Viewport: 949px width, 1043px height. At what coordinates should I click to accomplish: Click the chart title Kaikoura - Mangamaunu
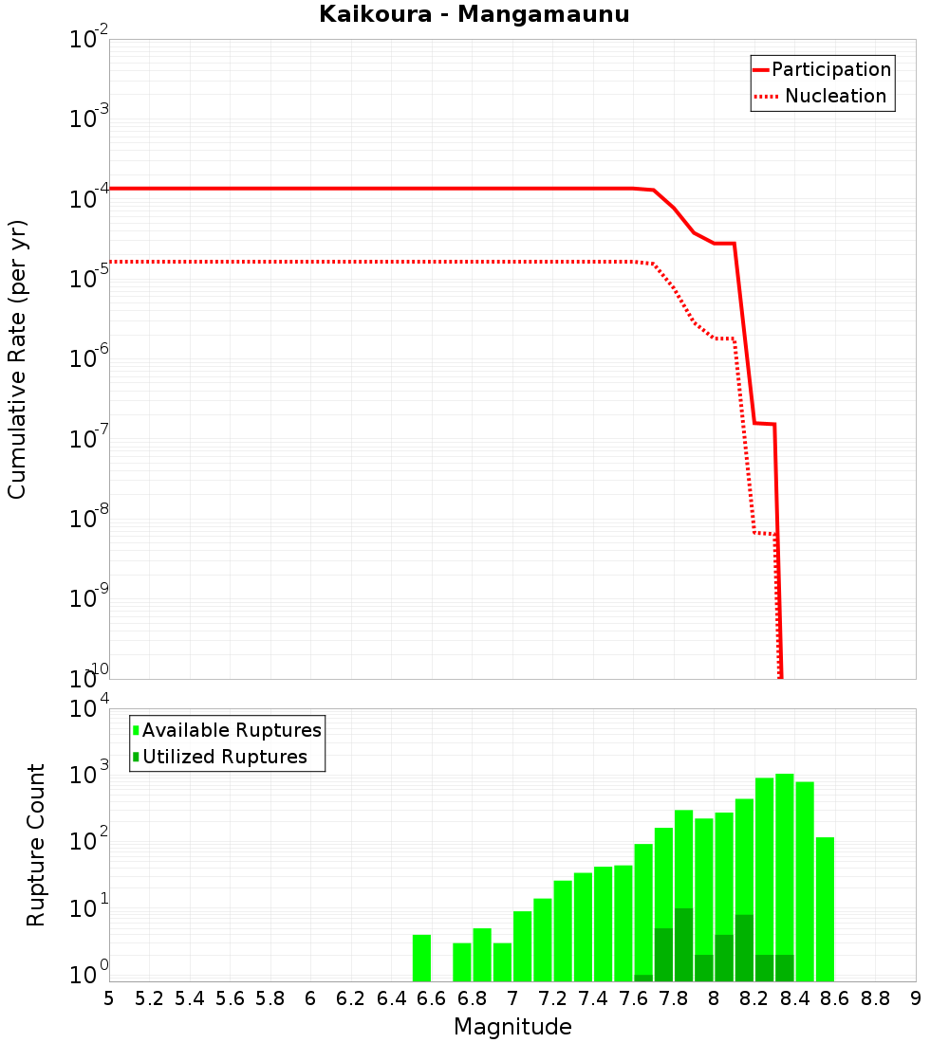474,14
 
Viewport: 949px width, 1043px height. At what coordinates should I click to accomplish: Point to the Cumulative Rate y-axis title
17,359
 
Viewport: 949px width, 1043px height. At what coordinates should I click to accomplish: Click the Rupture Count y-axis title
36,845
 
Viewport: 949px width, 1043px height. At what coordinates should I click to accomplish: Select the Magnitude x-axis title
512,1027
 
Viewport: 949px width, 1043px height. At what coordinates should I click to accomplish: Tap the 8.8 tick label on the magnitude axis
875,998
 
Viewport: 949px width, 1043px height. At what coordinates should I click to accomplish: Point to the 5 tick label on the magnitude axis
109,998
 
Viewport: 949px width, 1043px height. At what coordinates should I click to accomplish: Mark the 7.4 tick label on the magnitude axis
593,998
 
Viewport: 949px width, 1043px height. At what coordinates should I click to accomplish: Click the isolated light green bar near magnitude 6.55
421,958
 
